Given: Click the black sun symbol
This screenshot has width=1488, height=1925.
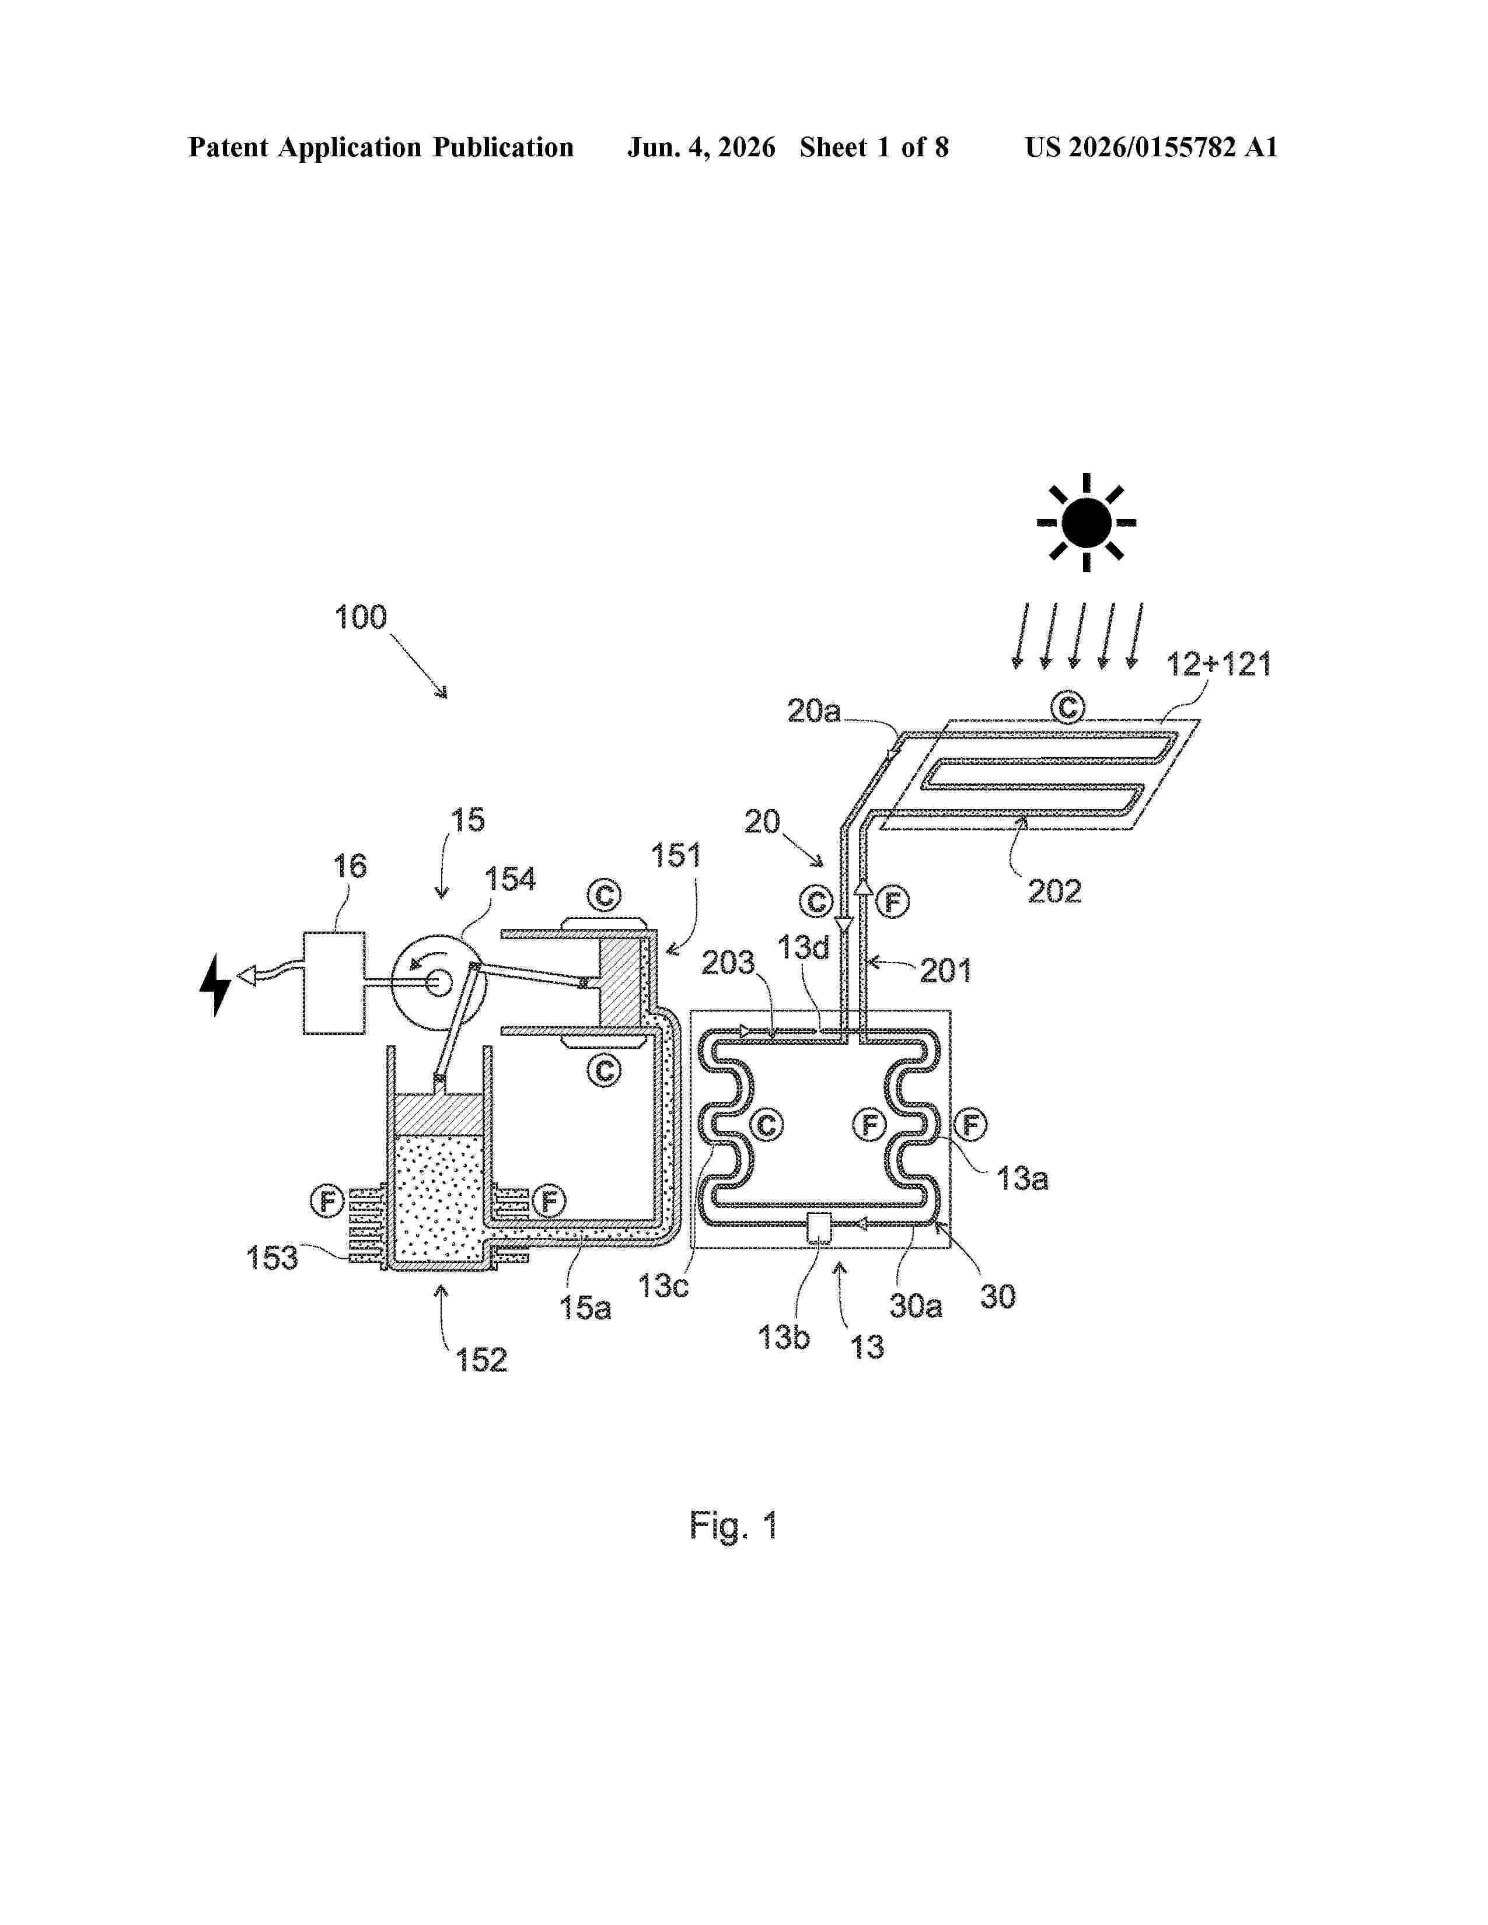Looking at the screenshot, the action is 1086,523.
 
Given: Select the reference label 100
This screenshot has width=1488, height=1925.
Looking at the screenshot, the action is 361,617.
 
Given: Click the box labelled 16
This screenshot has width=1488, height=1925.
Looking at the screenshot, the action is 334,983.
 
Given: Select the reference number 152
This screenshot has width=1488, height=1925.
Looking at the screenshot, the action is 481,1360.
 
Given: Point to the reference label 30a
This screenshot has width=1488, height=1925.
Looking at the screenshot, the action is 916,1305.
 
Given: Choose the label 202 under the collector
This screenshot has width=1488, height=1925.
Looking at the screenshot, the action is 1054,891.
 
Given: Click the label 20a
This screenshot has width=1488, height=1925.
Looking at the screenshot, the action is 813,711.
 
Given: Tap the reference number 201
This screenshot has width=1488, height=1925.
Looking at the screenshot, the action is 946,971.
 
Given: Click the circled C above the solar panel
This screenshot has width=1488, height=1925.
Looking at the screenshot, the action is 1067,707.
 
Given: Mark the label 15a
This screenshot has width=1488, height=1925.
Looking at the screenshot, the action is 585,1307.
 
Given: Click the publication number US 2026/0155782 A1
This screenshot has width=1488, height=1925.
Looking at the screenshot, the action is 1151,147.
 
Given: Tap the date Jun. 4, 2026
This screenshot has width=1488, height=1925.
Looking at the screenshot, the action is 701,147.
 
